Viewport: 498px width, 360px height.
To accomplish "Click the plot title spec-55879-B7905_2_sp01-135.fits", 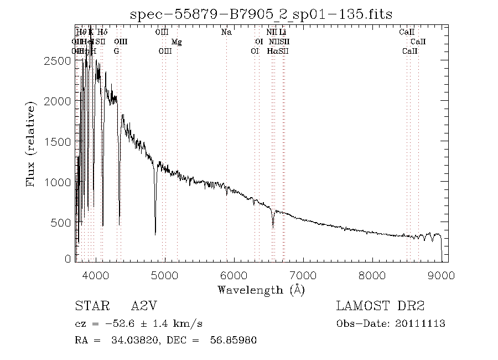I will coord(261,14).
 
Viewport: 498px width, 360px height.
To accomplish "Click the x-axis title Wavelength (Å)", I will coord(261,290).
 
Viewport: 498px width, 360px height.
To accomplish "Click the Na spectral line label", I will coord(226,32).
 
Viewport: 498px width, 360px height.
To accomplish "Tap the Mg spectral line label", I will coord(177,42).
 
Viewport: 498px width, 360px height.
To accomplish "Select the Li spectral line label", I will coord(282,32).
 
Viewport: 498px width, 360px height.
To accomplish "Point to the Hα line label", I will coord(272,51).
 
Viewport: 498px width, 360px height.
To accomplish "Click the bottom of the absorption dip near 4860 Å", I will coord(155,234).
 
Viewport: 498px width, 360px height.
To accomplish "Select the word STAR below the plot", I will coord(88,306).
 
